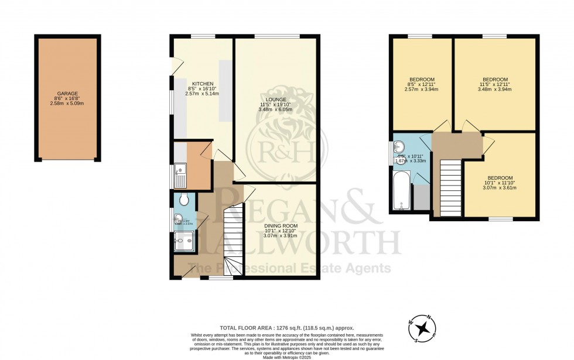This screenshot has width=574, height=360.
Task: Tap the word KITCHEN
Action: pos(203,84)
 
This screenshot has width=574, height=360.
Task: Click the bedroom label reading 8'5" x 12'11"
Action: pos(422,80)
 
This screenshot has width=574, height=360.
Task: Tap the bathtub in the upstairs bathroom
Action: pos(402,191)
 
